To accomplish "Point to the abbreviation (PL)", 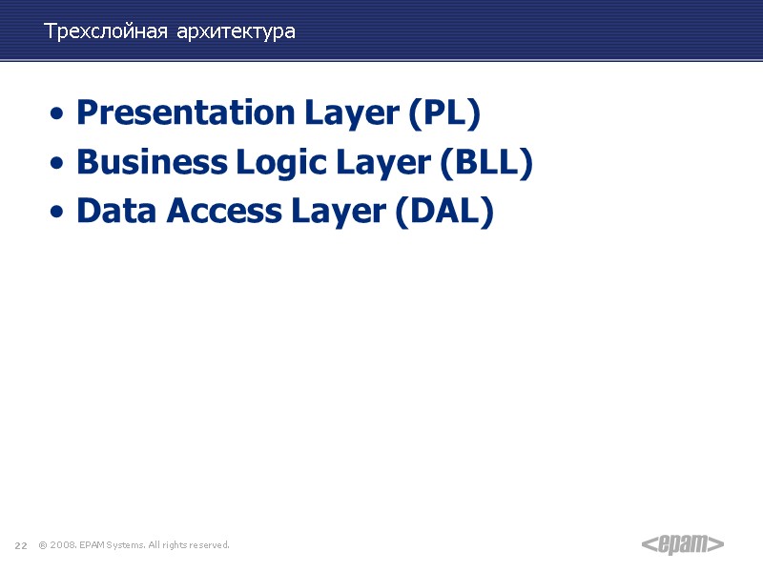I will (x=443, y=113).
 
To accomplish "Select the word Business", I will (x=151, y=163).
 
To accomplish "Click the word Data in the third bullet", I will (x=117, y=211).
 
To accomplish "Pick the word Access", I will (x=223, y=211).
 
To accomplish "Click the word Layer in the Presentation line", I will (x=352, y=113).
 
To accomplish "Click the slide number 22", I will (x=19, y=545).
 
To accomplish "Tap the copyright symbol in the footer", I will (x=42, y=545).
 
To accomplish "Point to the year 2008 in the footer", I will (x=62, y=545).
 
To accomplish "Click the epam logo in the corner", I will (x=682, y=544).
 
